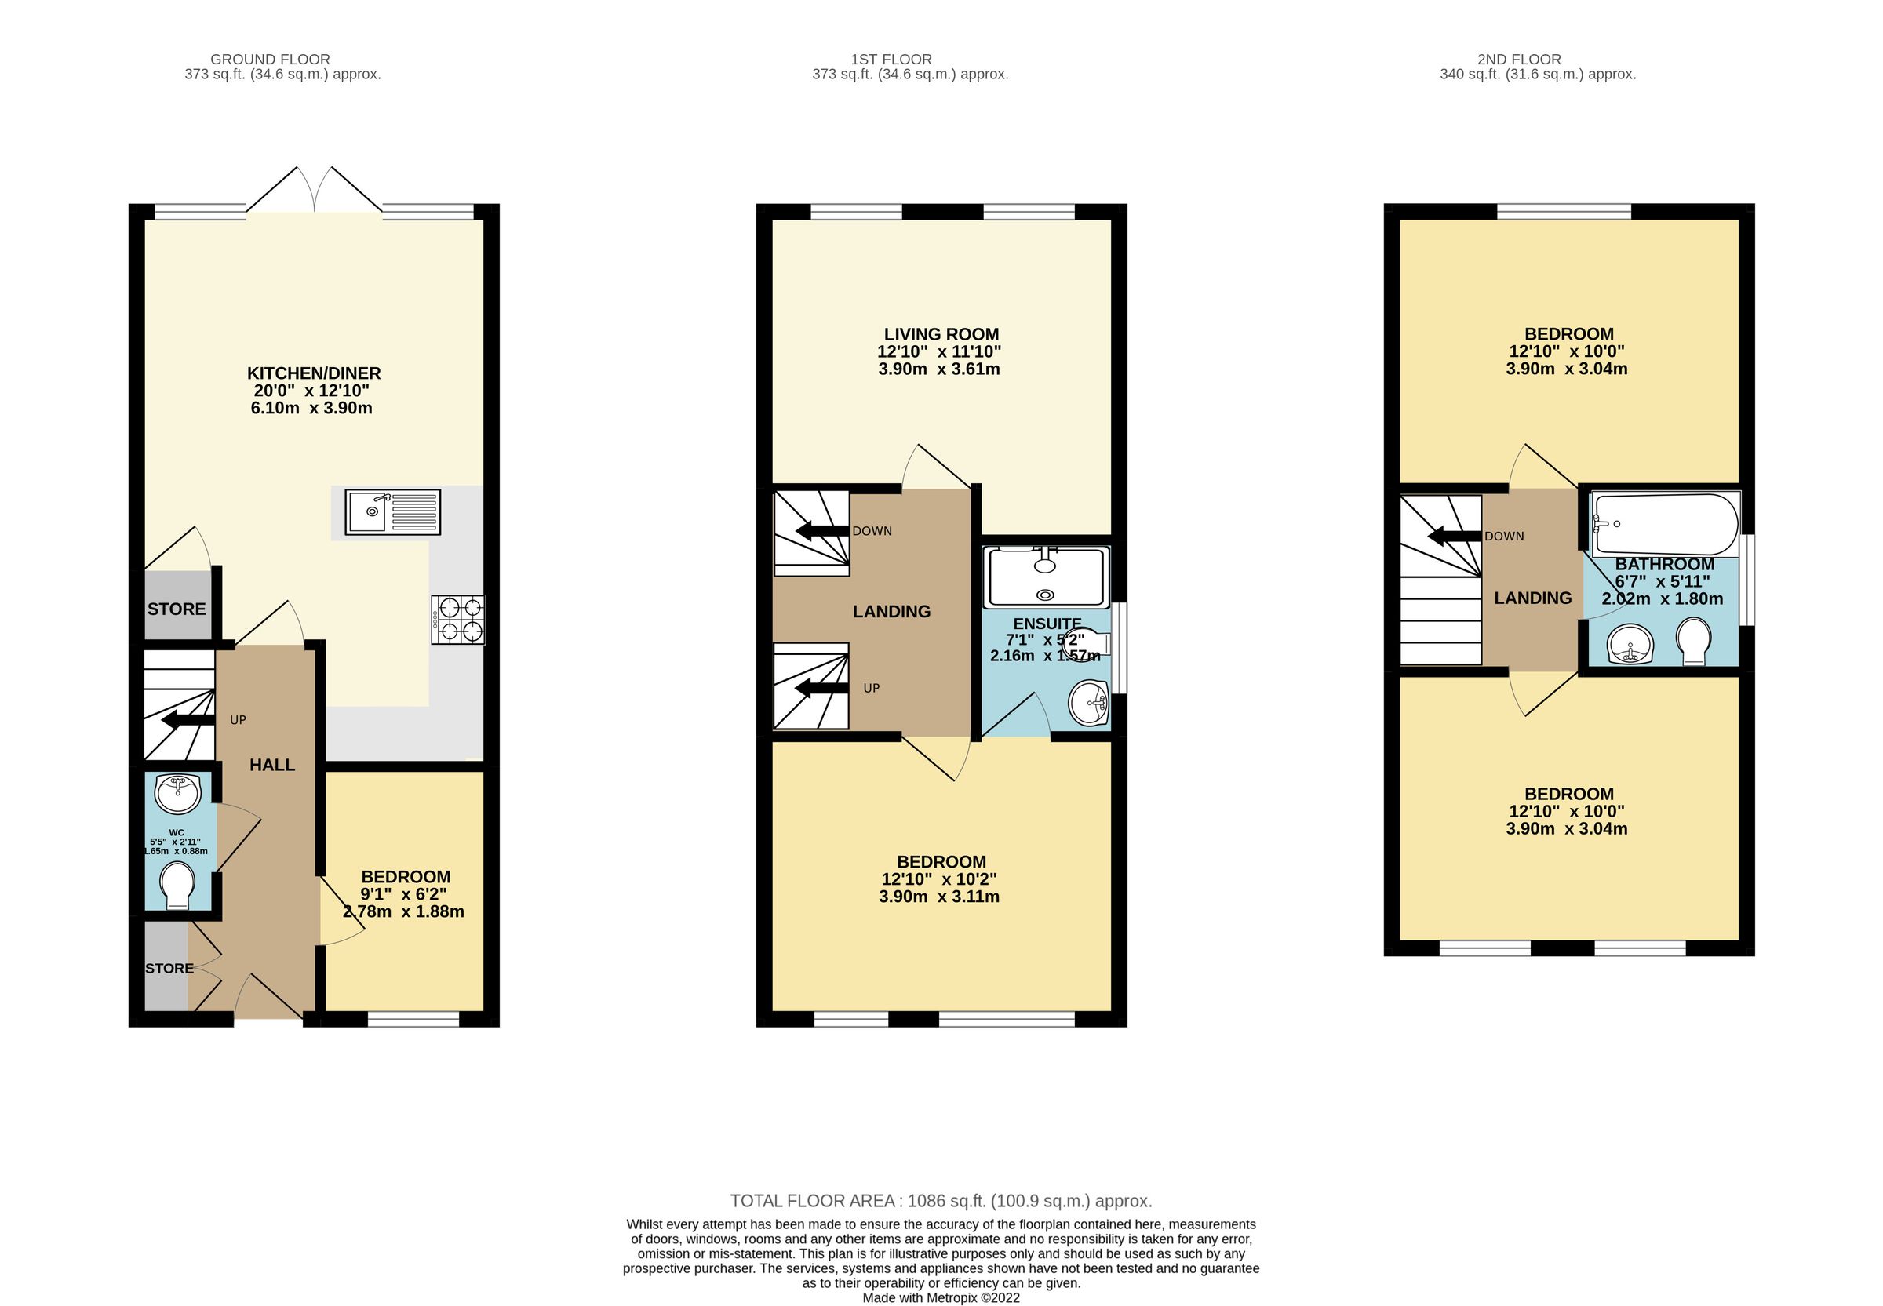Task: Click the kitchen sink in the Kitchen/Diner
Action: click(392, 512)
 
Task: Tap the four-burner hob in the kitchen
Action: click(457, 620)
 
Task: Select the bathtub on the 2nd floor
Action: click(1665, 524)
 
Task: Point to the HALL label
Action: click(271, 765)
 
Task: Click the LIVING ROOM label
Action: click(940, 334)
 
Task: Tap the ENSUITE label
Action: click(1047, 624)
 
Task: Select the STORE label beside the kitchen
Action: click(177, 609)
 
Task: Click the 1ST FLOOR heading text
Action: click(891, 59)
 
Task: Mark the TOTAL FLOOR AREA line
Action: click(940, 1201)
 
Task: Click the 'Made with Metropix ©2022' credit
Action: click(940, 1298)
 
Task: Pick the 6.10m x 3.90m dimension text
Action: click(311, 408)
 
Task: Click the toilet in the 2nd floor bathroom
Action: click(1692, 642)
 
